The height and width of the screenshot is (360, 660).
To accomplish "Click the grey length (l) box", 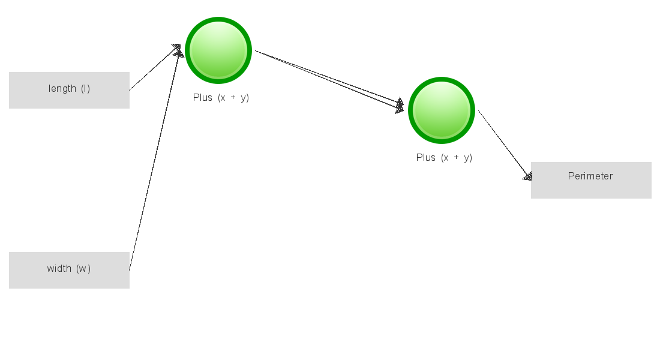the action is coord(69,90).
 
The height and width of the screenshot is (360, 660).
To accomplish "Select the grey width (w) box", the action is coord(69,271).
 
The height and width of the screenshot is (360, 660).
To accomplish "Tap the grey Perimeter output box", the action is coord(591,180).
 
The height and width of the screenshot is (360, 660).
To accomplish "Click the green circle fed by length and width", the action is coord(218,50).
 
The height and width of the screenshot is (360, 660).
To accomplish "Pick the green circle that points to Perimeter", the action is coord(442,110).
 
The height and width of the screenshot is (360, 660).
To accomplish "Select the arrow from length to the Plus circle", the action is coord(155,67).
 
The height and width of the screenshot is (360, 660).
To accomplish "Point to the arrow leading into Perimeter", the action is coord(505,145).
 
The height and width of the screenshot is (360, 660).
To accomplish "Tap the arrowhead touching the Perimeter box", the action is coord(527,176).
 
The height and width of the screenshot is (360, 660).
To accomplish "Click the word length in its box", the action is coord(62,88).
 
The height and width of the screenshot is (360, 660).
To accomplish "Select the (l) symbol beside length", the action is coord(85,88).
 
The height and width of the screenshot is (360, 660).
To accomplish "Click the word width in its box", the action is coord(59,268).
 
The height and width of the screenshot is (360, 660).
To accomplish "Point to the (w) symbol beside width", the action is coord(83,269).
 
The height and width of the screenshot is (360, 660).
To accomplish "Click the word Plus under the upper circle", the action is coord(202,97).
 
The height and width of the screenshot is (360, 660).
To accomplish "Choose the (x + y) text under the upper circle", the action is coord(233,98).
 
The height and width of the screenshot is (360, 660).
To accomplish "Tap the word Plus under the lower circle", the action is coord(425,157).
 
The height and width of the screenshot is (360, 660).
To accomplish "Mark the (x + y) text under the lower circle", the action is coord(457,158).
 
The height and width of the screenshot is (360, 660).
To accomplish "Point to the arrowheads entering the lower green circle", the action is coord(400,106).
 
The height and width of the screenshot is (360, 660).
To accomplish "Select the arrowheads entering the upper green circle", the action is coord(178,50).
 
